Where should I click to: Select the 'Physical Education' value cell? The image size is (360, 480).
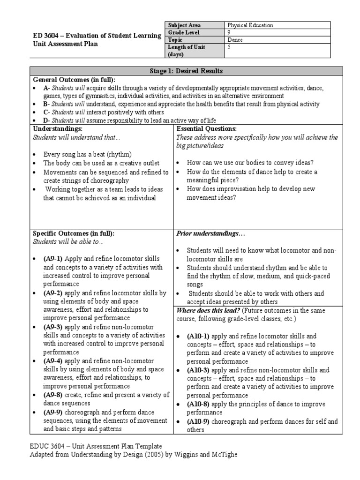click(250, 25)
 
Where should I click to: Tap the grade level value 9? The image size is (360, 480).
click(229, 33)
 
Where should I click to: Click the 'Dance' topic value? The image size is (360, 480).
click(235, 40)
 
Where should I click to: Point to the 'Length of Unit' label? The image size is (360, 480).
click(186, 47)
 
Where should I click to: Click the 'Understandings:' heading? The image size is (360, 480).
click(57, 128)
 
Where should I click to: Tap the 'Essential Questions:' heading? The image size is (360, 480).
click(206, 128)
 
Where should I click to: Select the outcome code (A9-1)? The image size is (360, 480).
click(53, 259)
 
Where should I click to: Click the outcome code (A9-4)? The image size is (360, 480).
click(53, 361)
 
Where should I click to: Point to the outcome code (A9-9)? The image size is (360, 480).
click(53, 412)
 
